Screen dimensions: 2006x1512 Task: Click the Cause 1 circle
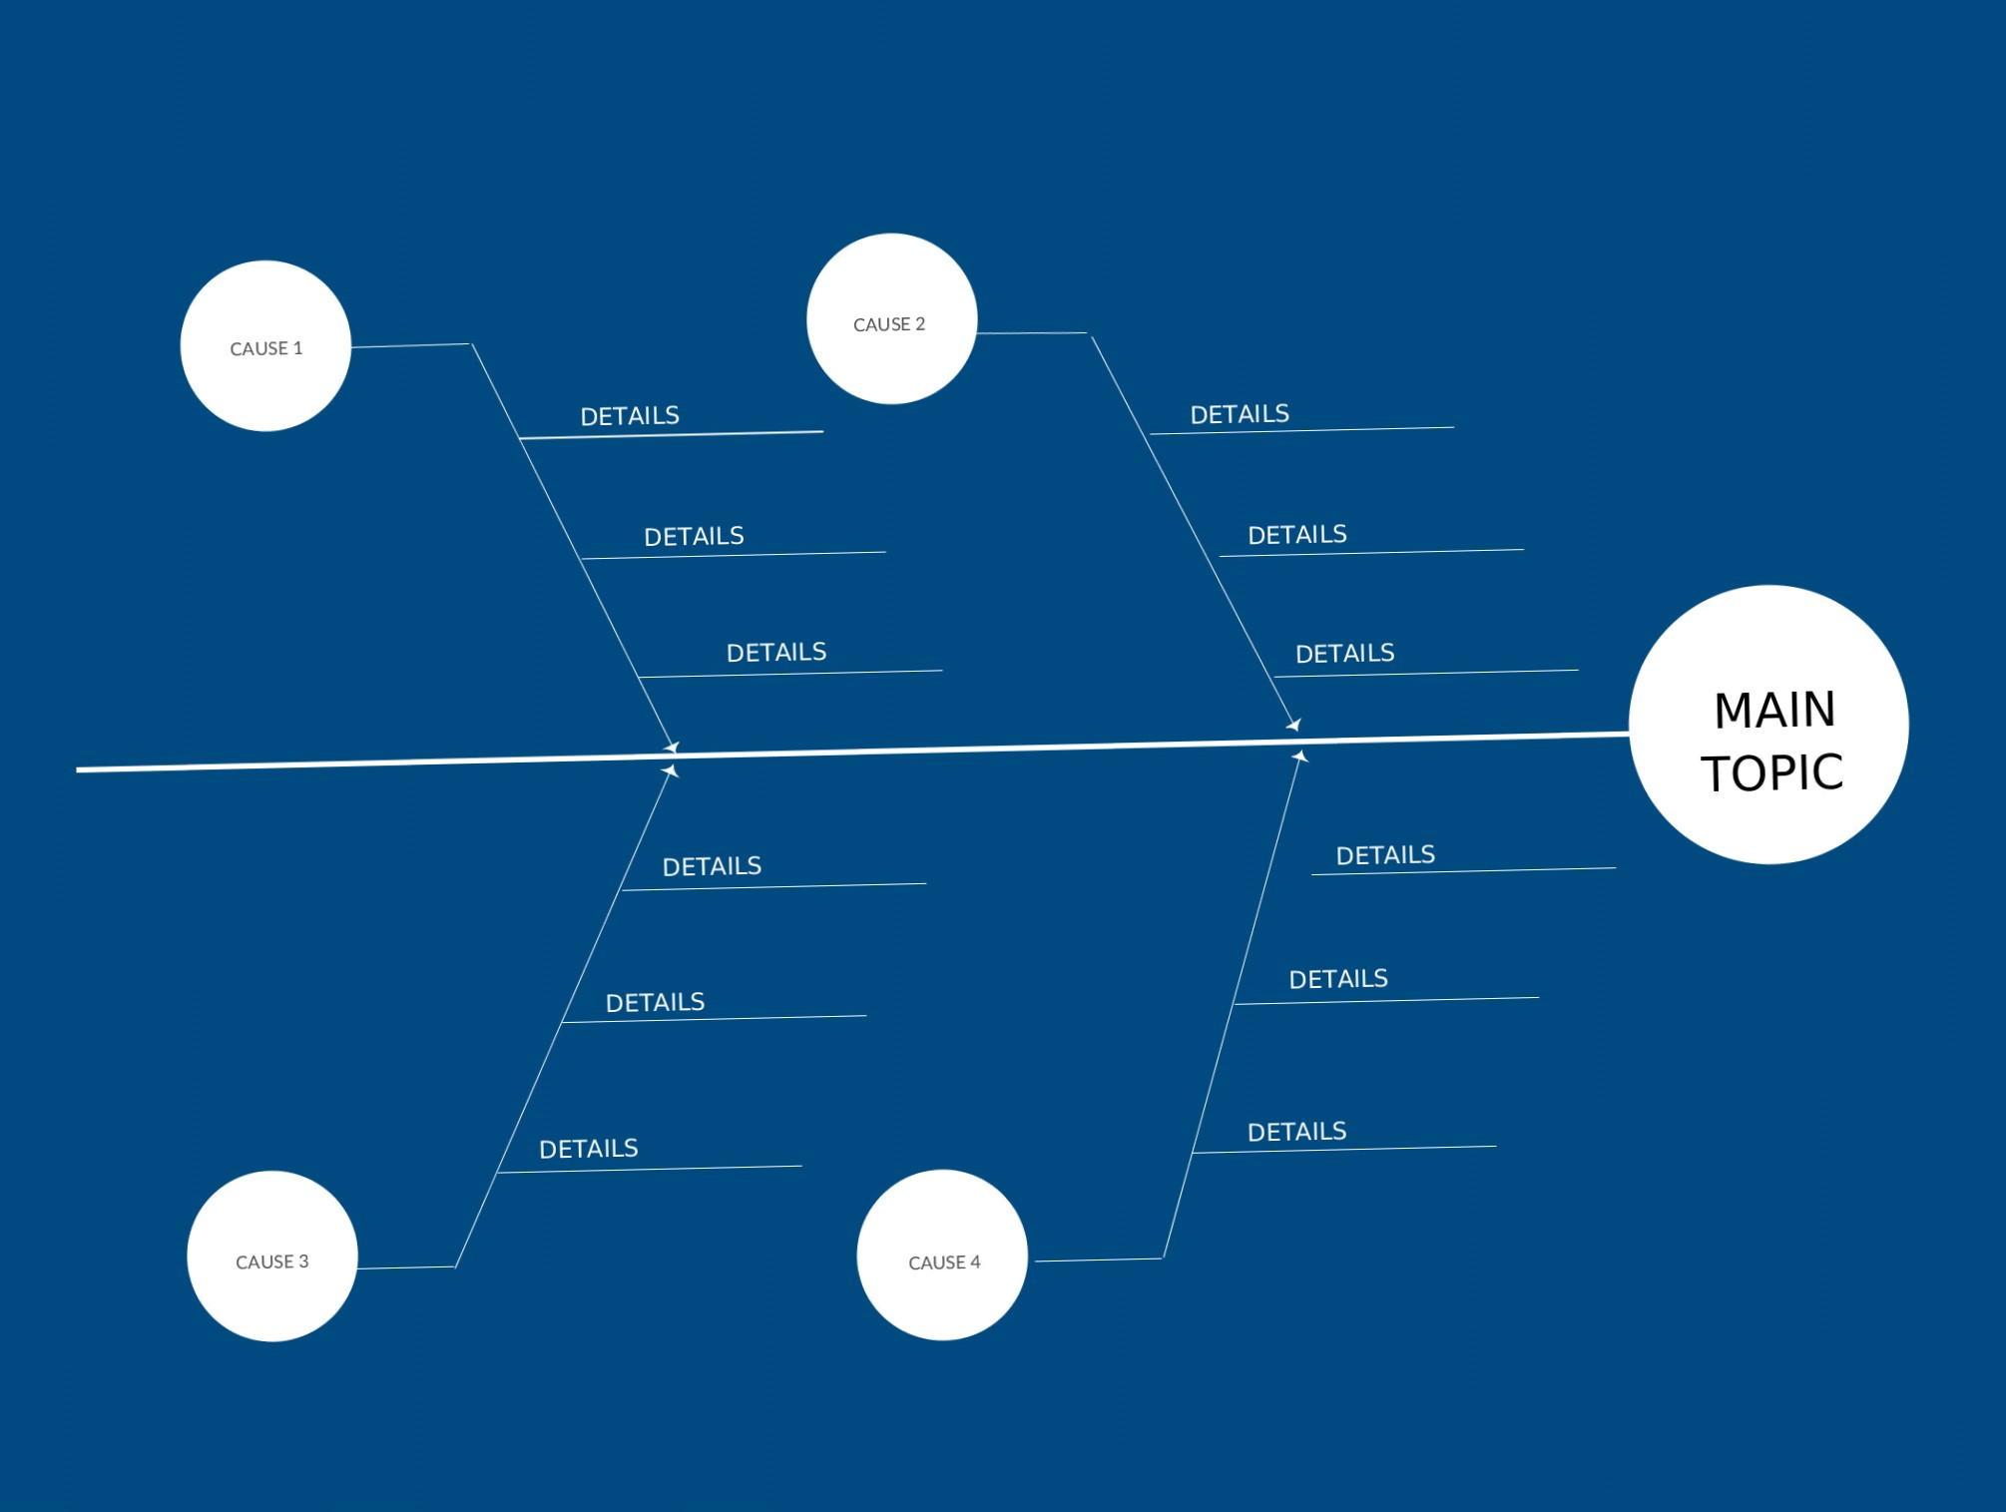(x=265, y=346)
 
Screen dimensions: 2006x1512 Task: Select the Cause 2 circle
(x=891, y=319)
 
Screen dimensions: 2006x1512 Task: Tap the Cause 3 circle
(x=272, y=1257)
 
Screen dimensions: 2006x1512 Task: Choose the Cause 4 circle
(x=942, y=1256)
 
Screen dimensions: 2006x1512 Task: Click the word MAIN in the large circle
(x=1774, y=711)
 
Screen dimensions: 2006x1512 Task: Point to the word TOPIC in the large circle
(x=1772, y=773)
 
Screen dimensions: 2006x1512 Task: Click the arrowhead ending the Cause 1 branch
(x=672, y=747)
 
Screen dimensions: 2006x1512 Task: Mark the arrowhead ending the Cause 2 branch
(x=1294, y=725)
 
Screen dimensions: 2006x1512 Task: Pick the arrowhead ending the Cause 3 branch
(x=671, y=770)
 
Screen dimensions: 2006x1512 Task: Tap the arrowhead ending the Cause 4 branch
(x=1299, y=757)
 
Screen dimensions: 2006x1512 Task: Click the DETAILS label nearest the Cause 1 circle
(x=630, y=416)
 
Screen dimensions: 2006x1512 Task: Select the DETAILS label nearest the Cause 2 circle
(x=1240, y=414)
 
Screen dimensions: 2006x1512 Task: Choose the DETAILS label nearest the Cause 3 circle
(x=589, y=1149)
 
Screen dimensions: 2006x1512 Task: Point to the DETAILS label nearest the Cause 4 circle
(x=1297, y=1132)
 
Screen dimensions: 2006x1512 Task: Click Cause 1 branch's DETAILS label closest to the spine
(x=776, y=653)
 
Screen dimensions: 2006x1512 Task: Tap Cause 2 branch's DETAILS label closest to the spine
(x=1345, y=654)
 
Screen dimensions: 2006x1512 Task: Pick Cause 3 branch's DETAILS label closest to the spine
(x=712, y=866)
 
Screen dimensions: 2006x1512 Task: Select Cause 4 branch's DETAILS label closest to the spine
(x=1385, y=855)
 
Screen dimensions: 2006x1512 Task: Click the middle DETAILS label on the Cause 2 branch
(x=1297, y=535)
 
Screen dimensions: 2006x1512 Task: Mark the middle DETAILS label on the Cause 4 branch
(x=1338, y=979)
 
